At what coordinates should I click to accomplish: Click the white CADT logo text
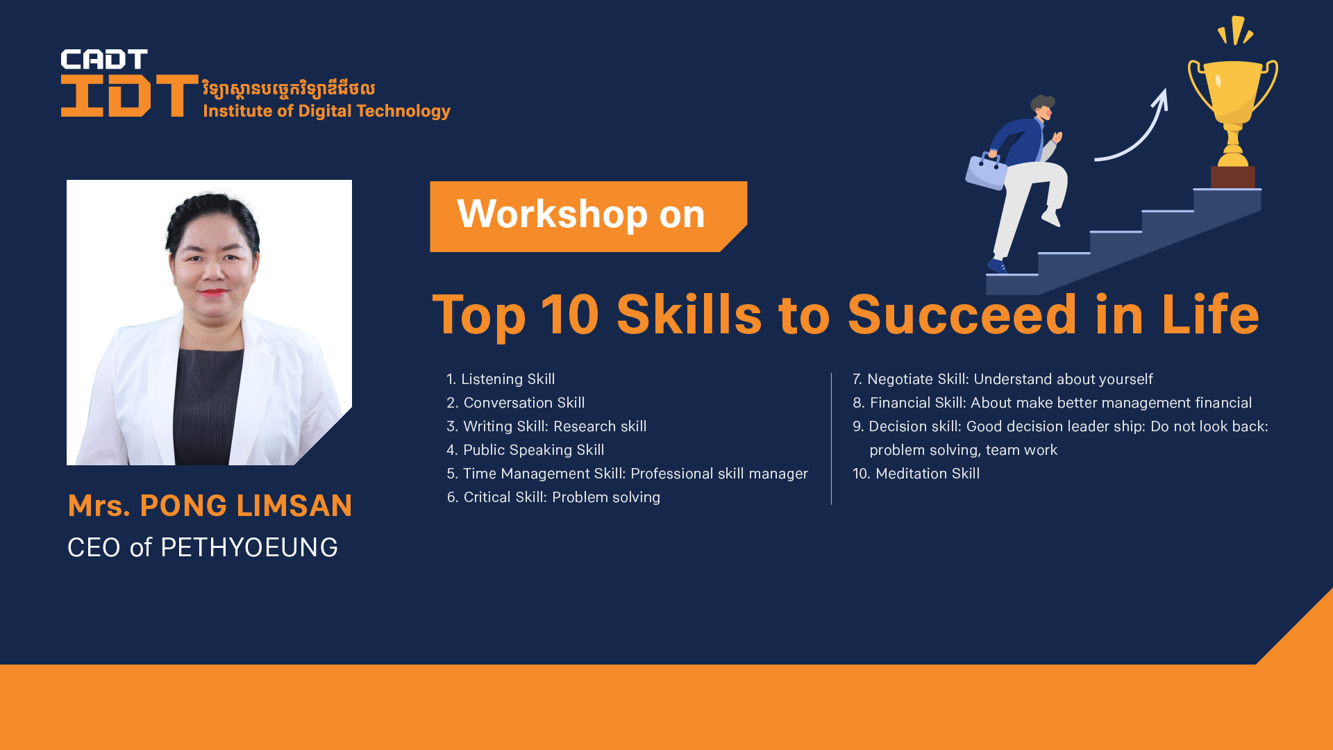click(104, 59)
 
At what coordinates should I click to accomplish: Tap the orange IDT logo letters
click(130, 95)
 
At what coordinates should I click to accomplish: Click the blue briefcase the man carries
click(986, 169)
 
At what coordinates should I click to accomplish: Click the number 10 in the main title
click(570, 315)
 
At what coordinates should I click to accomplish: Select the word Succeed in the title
click(962, 315)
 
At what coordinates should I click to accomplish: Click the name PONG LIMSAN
click(246, 506)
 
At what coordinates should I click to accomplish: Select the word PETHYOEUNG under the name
click(249, 548)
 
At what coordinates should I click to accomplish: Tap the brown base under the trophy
click(1233, 177)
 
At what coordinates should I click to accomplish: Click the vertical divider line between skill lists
click(831, 439)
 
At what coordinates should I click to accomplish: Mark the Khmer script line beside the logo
click(289, 89)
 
